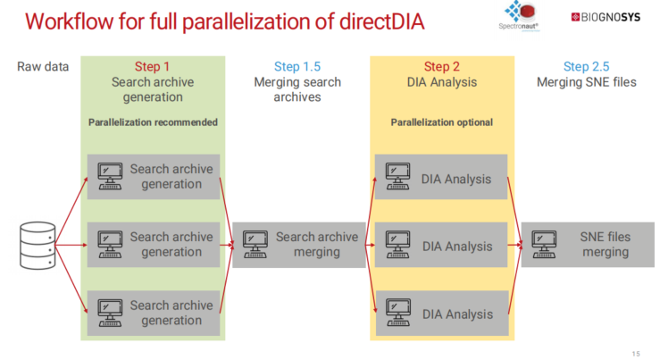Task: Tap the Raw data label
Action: click(x=43, y=67)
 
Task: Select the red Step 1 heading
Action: click(x=152, y=66)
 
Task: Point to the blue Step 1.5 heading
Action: click(x=298, y=67)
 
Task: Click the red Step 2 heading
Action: click(x=443, y=66)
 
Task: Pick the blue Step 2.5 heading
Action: click(x=588, y=67)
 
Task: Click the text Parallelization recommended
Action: click(x=153, y=122)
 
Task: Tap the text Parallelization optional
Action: click(x=441, y=122)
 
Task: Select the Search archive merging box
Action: click(x=298, y=245)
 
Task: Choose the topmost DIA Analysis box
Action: click(x=441, y=178)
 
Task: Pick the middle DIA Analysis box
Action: click(x=441, y=246)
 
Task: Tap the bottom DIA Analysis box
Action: click(x=441, y=314)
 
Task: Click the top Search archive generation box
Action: click(x=153, y=177)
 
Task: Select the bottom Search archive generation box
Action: click(x=153, y=313)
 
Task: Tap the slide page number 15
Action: click(x=636, y=352)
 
